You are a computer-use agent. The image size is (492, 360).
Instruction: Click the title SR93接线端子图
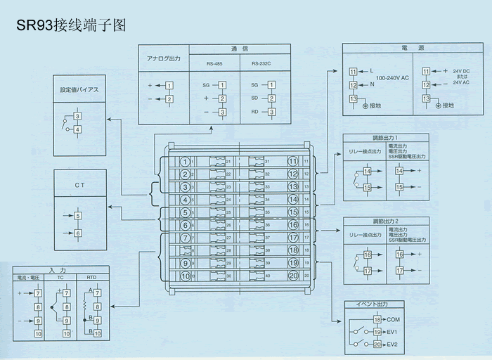66,26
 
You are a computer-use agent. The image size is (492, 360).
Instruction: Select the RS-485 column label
215,63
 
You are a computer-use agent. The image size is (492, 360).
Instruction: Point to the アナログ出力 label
164,59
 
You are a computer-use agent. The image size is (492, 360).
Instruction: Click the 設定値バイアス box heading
79,90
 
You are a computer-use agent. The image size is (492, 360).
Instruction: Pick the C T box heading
79,184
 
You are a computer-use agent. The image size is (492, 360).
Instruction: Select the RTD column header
91,278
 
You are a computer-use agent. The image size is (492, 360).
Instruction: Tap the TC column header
60,278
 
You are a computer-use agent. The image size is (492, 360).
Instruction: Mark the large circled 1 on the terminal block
185,162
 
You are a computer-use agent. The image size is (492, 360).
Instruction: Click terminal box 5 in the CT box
77,216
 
